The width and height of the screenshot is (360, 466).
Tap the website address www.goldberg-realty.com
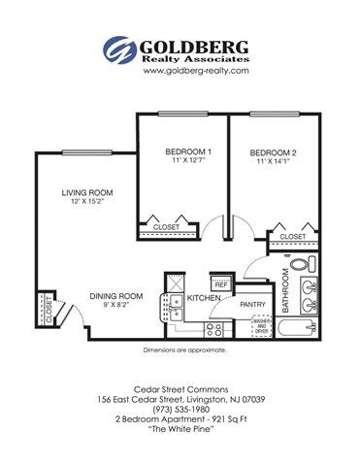tap(180, 71)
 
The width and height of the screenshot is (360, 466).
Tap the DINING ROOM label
tap(116, 296)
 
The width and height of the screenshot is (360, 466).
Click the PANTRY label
tap(252, 303)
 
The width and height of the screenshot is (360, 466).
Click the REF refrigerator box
tap(221, 284)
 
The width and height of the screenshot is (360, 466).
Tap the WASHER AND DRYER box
tap(261, 326)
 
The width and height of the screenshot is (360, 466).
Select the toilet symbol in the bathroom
tap(300, 263)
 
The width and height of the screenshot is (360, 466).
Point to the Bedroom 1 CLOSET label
tap(167, 227)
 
